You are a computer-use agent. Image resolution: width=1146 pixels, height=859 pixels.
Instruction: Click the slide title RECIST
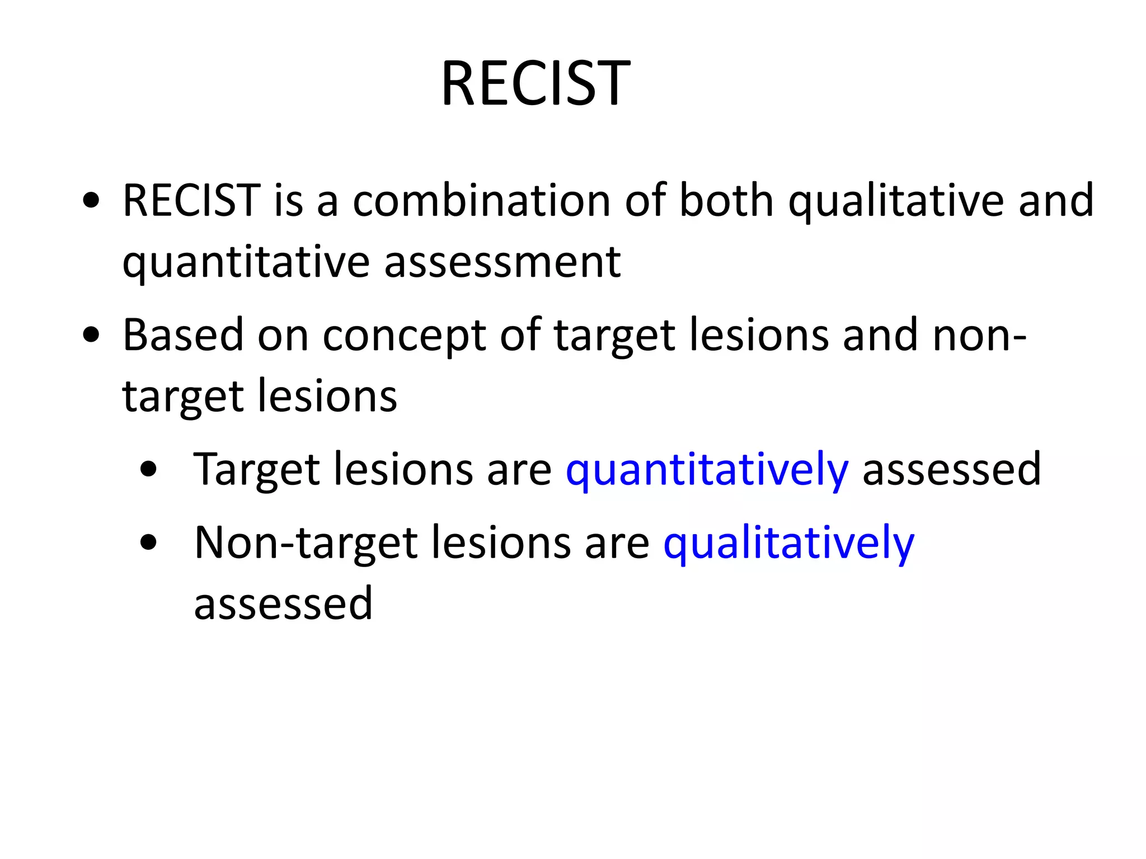(x=536, y=84)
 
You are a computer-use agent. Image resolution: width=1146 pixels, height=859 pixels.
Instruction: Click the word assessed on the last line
(x=283, y=604)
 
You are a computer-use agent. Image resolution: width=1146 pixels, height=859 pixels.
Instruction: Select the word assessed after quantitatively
(x=951, y=470)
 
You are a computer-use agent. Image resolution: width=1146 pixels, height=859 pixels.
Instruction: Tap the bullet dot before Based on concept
(x=91, y=335)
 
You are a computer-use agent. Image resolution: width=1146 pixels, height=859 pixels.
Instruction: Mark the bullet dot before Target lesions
(x=148, y=469)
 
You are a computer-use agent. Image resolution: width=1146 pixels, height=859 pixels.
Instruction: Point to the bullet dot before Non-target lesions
(x=148, y=542)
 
